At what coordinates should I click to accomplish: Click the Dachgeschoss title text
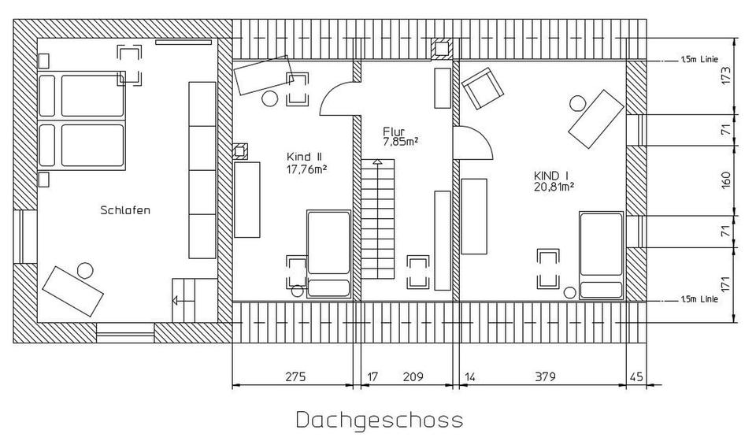pos(380,419)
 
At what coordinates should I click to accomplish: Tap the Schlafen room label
pos(125,210)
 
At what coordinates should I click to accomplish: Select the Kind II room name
pos(304,156)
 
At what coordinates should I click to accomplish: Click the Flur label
pos(394,131)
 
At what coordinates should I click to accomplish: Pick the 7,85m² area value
pos(400,142)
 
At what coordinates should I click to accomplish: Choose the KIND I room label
pos(550,175)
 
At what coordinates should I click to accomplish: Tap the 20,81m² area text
pos(554,187)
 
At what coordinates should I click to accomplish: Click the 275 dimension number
pos(294,377)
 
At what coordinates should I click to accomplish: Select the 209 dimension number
pos(412,377)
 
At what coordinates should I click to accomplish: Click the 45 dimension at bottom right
pos(636,377)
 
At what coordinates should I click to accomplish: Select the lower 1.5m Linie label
pos(700,300)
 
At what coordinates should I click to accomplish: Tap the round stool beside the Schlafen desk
pos(83,270)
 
